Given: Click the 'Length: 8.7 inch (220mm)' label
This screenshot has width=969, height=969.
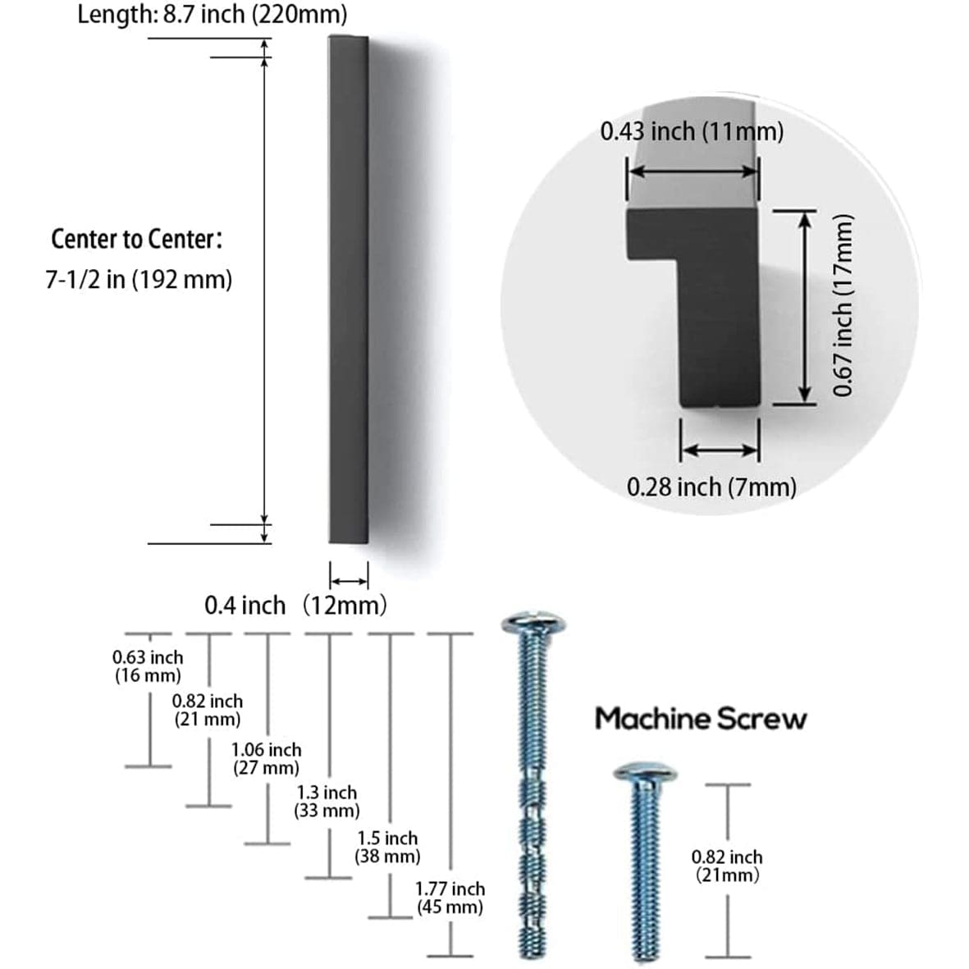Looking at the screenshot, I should click(212, 15).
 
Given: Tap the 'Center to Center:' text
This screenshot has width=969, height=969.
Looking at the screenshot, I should click(137, 240).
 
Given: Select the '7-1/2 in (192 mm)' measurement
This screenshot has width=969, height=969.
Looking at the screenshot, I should click(139, 280).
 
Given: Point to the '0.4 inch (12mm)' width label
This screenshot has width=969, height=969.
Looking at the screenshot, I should click(295, 606).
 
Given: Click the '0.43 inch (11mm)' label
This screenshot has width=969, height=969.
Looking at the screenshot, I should click(692, 131).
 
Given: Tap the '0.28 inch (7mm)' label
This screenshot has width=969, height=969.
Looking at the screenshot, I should click(711, 487).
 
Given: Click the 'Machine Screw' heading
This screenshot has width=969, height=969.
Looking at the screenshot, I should click(701, 719).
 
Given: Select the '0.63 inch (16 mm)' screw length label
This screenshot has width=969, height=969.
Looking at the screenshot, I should click(148, 666).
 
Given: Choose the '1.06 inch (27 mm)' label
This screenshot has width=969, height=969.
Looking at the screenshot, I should click(266, 759).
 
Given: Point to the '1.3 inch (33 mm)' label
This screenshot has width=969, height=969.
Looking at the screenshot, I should click(327, 802).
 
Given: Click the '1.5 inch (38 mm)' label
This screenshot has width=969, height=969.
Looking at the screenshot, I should click(387, 847).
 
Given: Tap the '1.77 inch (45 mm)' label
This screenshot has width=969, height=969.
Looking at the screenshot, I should click(450, 897).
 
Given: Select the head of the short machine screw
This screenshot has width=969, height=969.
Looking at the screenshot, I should click(645, 772).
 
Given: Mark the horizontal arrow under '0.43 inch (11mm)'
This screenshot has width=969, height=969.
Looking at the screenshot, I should click(693, 171).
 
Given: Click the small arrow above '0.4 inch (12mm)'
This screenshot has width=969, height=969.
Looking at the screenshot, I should click(349, 578).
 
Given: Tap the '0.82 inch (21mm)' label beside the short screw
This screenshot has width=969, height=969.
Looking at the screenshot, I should click(727, 866).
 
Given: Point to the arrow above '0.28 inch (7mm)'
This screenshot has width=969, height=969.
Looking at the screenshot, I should click(720, 450).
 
